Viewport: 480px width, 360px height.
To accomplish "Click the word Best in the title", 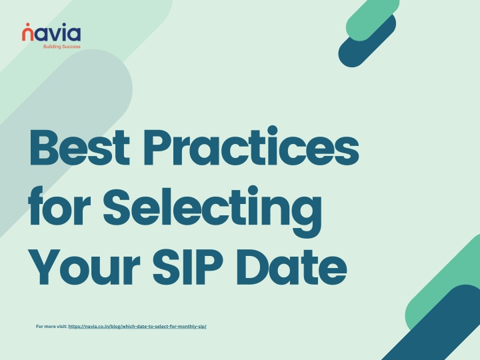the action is tap(79, 147).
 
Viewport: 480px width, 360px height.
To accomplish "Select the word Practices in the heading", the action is tap(251, 146).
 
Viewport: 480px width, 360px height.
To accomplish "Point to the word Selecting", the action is tap(213, 211).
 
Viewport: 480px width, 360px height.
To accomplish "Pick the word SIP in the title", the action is tap(187, 267).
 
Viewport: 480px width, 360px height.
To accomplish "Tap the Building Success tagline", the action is tap(62, 47).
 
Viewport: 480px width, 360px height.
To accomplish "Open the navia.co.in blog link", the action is tap(137, 326).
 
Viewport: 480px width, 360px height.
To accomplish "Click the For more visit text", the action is tap(52, 326).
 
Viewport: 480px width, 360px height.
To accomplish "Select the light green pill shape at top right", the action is tap(372, 19).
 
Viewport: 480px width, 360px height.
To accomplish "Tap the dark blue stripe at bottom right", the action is tap(438, 325).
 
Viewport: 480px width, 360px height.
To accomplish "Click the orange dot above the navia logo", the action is tap(27, 24).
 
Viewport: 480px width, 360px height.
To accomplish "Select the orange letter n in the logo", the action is tap(27, 35).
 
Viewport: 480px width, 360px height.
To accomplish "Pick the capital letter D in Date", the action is tap(253, 267).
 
